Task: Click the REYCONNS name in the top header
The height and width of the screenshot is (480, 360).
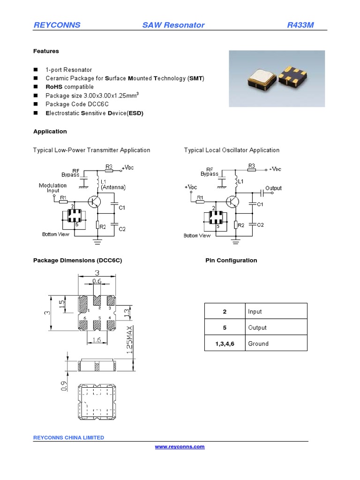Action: tap(57, 25)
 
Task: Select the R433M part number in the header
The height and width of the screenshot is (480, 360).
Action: tap(300, 25)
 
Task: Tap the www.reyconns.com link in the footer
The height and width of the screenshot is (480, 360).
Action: tap(180, 447)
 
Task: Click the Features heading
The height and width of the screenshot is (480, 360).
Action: tap(46, 51)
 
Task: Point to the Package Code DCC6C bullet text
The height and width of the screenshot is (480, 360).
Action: tap(77, 105)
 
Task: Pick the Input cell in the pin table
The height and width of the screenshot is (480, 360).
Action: tap(255, 312)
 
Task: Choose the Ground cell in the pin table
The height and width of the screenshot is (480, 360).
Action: tap(258, 344)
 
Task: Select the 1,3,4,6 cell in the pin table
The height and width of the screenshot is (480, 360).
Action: tap(225, 344)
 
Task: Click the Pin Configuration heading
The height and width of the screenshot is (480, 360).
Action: tap(231, 261)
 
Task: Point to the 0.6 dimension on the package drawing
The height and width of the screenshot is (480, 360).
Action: tap(97, 281)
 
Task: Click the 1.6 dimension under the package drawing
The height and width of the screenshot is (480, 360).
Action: tap(97, 340)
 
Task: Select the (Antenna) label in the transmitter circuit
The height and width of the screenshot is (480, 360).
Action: tap(113, 187)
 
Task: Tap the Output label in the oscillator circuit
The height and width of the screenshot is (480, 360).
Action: tap(273, 188)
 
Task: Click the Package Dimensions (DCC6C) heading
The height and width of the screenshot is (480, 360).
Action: tap(77, 261)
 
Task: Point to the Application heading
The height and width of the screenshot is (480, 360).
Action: tap(50, 132)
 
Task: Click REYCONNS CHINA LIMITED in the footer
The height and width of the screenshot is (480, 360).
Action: tap(68, 437)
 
